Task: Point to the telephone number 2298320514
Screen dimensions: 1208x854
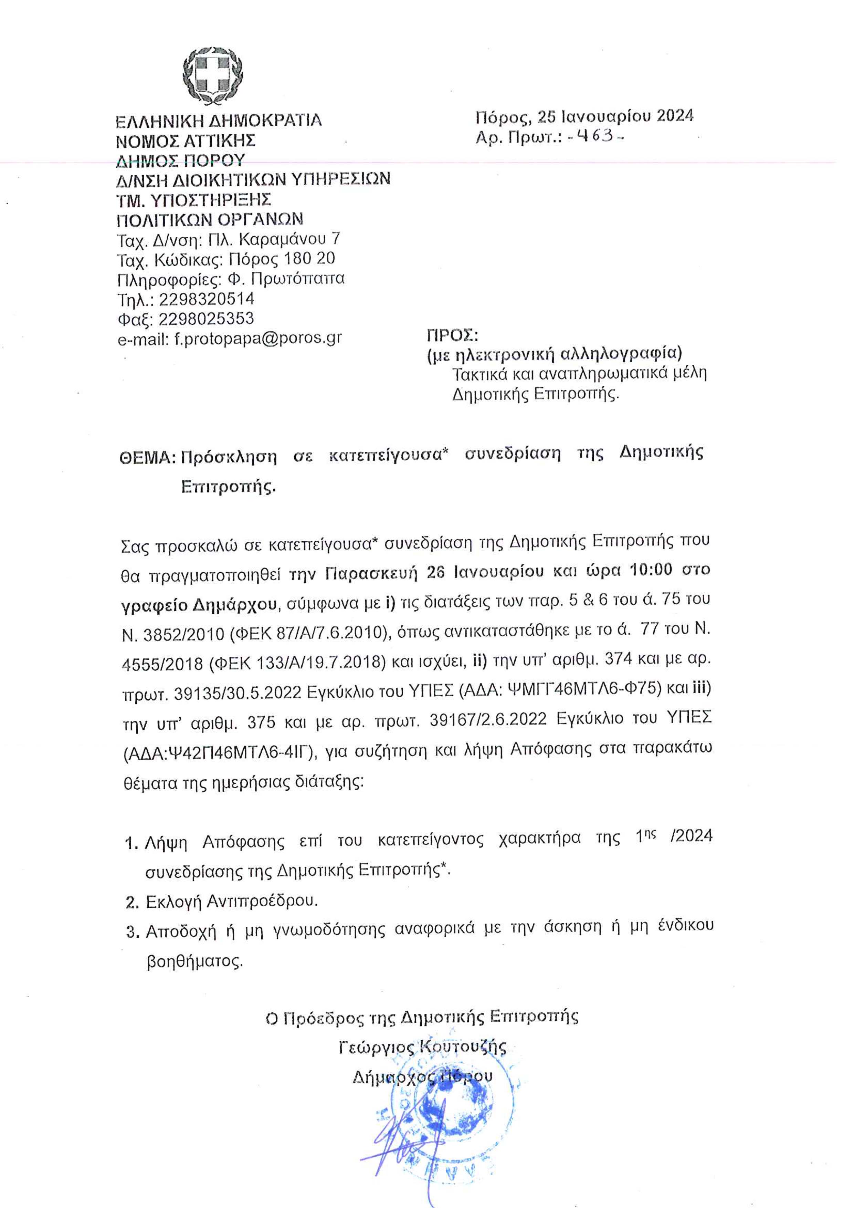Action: pos(207,299)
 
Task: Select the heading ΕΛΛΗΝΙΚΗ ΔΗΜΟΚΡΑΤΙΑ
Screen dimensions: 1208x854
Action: pos(218,121)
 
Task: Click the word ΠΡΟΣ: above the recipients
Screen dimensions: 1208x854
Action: pos(452,335)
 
